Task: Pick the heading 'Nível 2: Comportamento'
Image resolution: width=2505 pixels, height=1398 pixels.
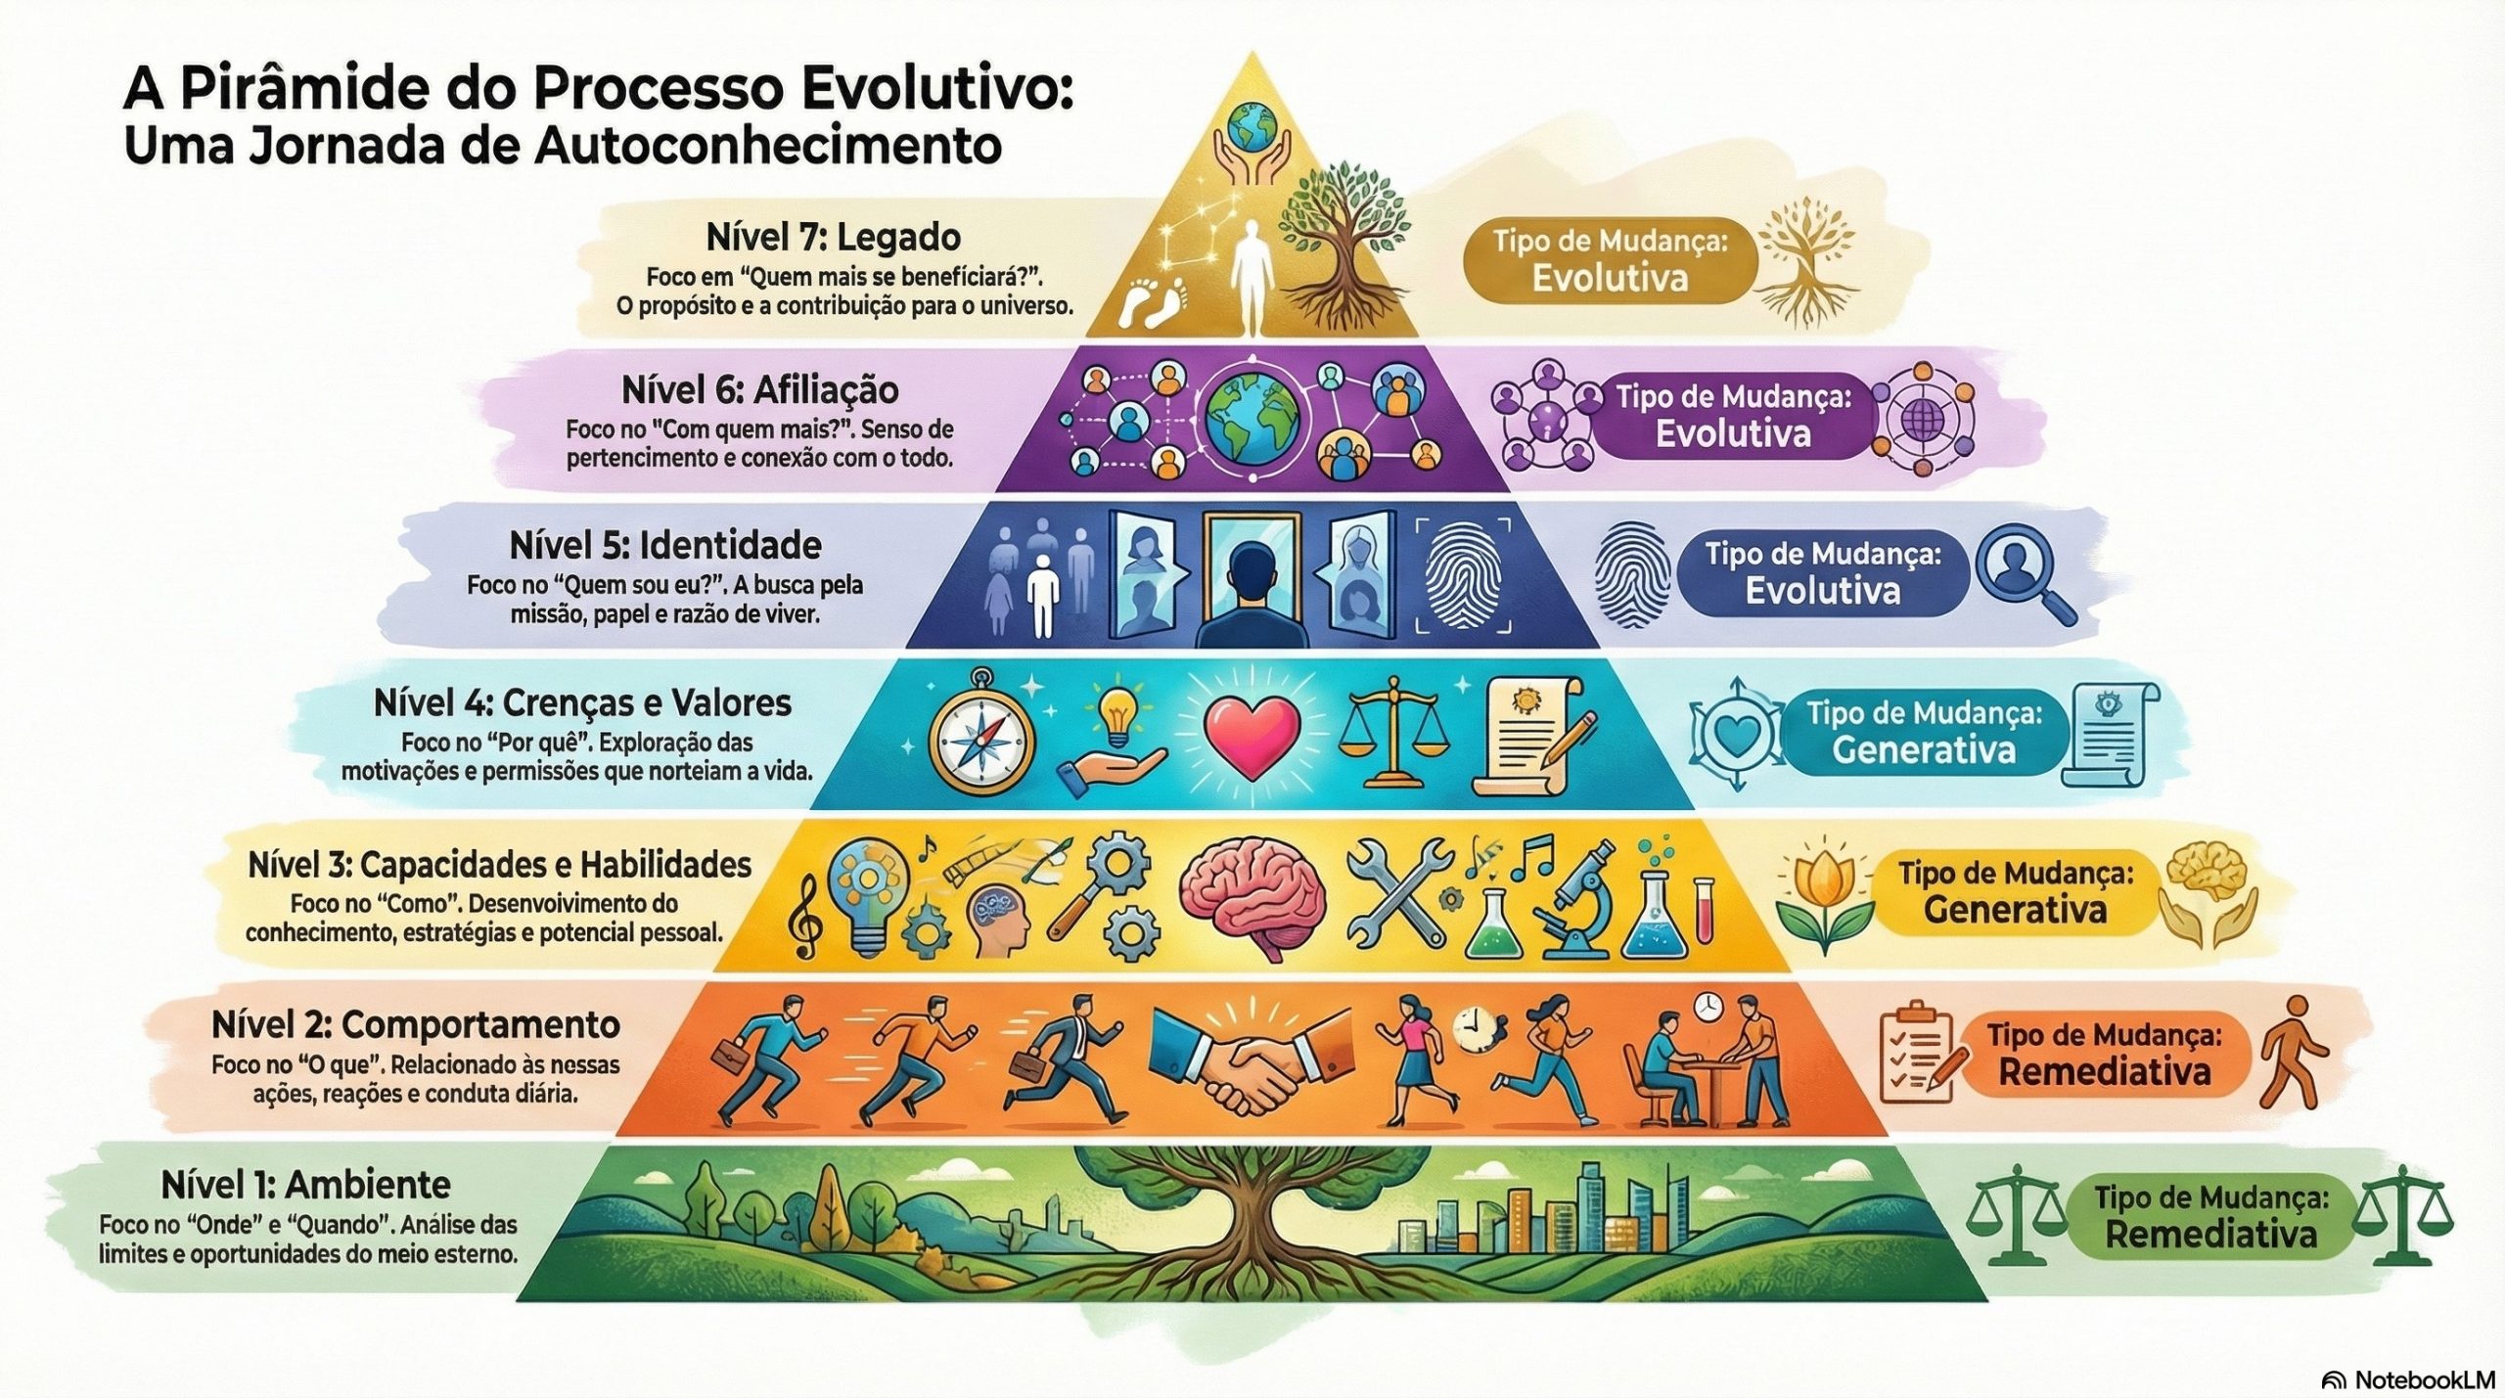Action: tap(415, 1025)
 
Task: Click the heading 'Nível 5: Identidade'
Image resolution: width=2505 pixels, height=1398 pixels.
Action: tap(664, 545)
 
